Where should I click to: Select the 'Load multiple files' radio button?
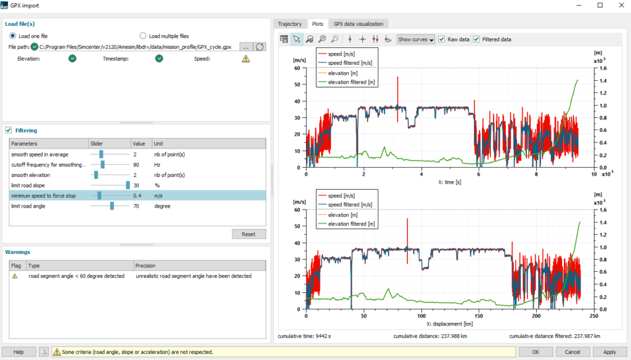[x=144, y=36]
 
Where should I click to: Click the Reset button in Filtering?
[x=249, y=234]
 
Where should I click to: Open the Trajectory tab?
[x=290, y=24]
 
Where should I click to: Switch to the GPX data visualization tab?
[x=358, y=24]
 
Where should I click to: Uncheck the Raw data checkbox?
[x=441, y=39]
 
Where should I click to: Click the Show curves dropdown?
[x=416, y=39]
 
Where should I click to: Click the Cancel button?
[x=568, y=352]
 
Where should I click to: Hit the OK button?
[x=535, y=352]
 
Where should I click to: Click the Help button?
[x=18, y=352]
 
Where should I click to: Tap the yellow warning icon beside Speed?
[x=246, y=59]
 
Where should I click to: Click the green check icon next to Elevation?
[x=73, y=59]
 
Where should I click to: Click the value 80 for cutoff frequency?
[x=136, y=165]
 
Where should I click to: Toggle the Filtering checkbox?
[x=9, y=131]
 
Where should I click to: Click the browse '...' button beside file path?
[x=245, y=47]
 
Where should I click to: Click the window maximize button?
[x=600, y=5]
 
